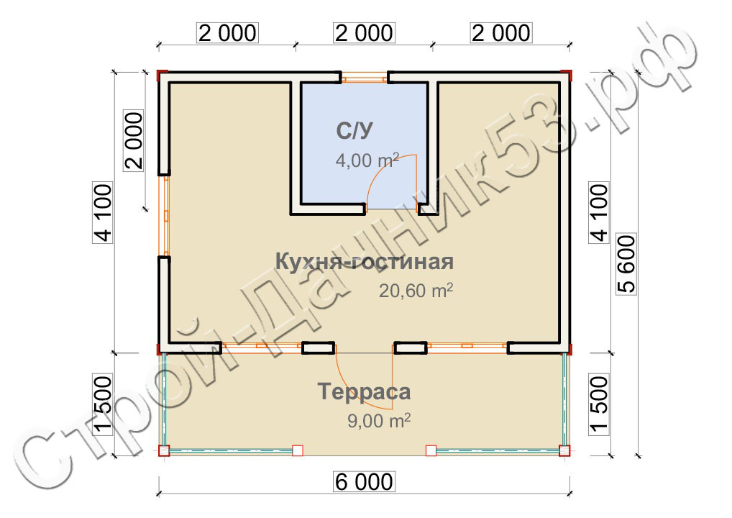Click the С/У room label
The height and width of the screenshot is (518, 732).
click(x=354, y=131)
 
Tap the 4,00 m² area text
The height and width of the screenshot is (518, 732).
click(x=367, y=160)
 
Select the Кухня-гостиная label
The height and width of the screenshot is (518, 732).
click(x=364, y=261)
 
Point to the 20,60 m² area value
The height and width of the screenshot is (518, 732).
click(x=416, y=291)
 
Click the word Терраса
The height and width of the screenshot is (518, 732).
click(x=364, y=391)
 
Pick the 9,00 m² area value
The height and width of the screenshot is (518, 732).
click(x=379, y=420)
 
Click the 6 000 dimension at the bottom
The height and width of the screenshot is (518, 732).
click(x=364, y=482)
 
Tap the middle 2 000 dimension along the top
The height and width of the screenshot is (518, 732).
click(x=364, y=33)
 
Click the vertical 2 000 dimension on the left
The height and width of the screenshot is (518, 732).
click(x=134, y=140)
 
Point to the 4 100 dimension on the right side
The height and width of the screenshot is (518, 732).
click(x=600, y=212)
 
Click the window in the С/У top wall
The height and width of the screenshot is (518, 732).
click(x=364, y=78)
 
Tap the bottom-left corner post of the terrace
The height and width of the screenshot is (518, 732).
click(x=164, y=451)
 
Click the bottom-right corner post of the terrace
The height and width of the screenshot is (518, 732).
click(x=565, y=451)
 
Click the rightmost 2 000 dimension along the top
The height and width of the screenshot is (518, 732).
click(x=501, y=33)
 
